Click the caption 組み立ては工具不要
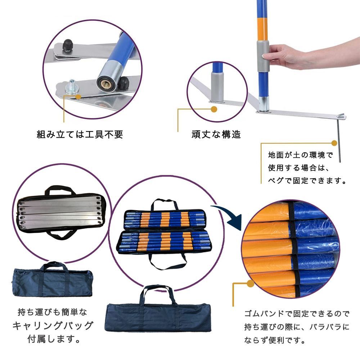pos(80,135)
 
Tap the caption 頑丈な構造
pos(216,135)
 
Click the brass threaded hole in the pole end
pos(105,82)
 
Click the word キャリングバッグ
pos(53,326)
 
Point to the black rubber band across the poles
pos(292,248)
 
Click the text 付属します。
pos(53,339)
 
